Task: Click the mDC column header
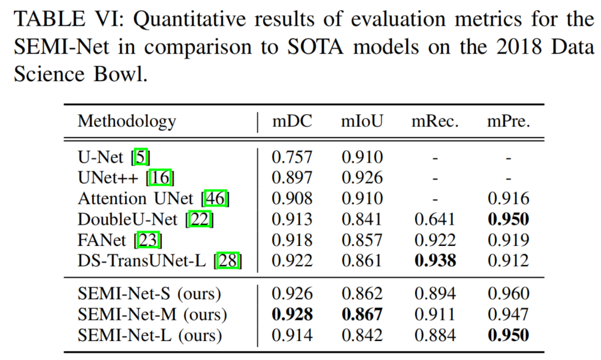292,121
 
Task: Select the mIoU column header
362,121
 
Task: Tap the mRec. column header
435,121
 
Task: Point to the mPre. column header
508,121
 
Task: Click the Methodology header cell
127,121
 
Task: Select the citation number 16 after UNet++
162,178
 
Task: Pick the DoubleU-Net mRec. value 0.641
435,219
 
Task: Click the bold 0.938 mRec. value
435,260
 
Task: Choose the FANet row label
105,240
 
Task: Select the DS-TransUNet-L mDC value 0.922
292,260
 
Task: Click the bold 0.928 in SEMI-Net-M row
292,315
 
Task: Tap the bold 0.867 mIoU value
362,315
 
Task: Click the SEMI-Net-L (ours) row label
150,336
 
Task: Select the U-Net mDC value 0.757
292,157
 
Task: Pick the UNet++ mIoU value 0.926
362,178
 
